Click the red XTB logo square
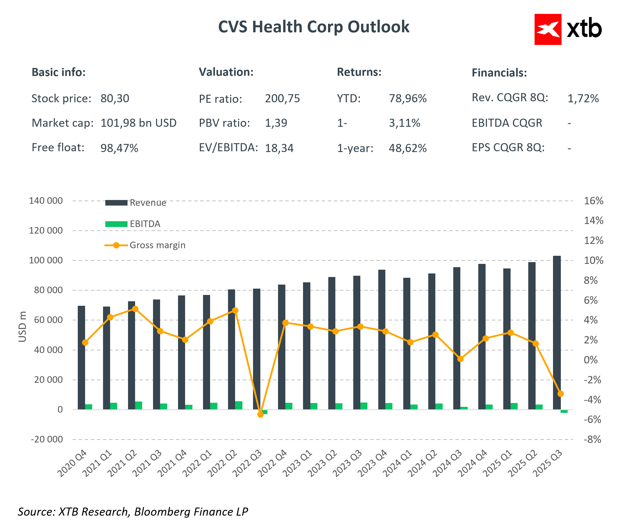click(547, 29)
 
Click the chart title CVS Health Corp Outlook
click(313, 27)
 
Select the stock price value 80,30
click(115, 98)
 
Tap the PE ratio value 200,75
click(282, 98)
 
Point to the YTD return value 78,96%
click(408, 98)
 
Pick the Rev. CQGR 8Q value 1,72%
click(583, 98)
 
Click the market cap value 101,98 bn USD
click(138, 123)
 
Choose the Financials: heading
click(499, 73)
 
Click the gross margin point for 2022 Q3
click(261, 414)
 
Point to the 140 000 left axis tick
click(46, 201)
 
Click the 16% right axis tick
click(593, 201)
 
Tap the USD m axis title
click(22, 327)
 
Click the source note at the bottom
click(133, 512)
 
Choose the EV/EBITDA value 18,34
click(279, 148)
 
